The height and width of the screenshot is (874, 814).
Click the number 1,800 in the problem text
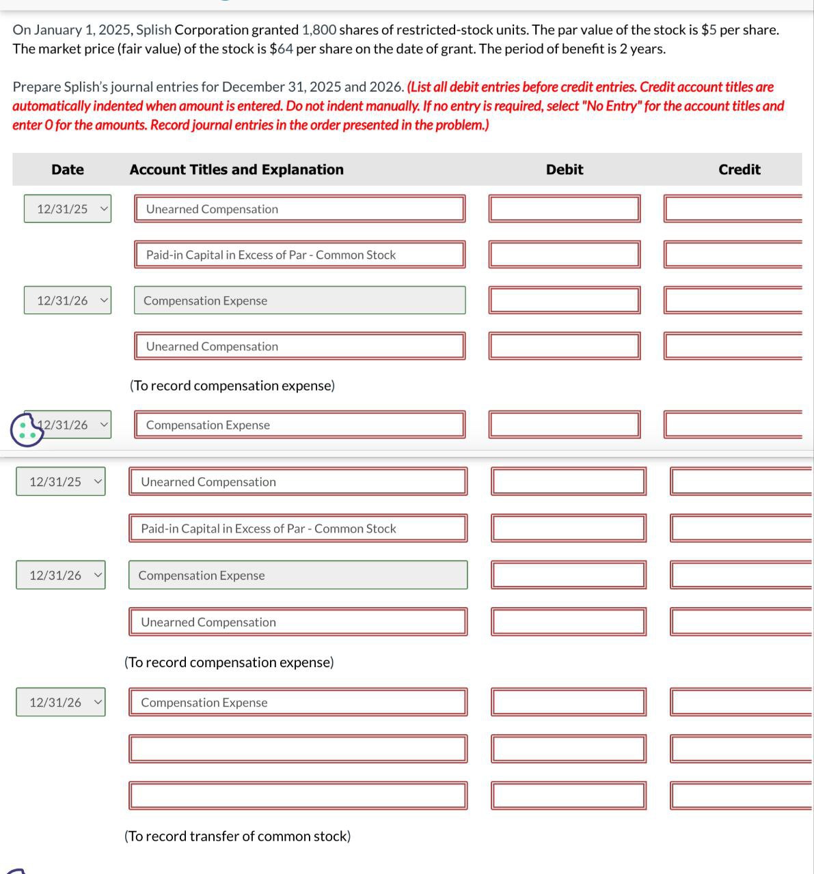point(318,30)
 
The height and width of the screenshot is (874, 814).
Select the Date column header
point(68,169)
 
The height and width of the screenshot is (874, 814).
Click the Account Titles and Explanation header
point(236,169)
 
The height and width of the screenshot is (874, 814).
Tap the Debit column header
point(565,169)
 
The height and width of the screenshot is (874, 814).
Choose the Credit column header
point(739,169)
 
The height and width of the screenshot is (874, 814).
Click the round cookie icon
point(27,429)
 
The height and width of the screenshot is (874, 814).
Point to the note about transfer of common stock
point(237,836)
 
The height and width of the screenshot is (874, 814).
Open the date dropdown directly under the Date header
point(68,209)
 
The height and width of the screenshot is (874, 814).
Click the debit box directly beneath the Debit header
point(565,209)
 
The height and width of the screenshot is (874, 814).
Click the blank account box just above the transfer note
point(298,795)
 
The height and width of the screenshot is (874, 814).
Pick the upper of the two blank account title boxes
point(298,749)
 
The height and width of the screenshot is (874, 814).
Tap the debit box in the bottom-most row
point(568,795)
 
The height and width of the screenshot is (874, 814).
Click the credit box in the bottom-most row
point(742,795)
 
